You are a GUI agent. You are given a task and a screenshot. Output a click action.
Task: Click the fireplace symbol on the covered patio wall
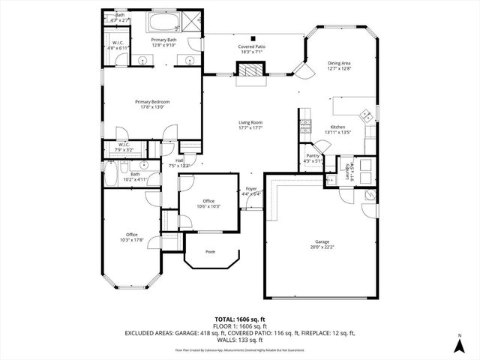click(x=250, y=70)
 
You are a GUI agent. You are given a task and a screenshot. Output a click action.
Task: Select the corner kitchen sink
click(x=366, y=115)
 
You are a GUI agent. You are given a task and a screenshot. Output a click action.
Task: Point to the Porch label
click(x=211, y=251)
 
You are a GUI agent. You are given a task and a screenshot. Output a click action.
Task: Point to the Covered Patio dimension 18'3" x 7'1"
click(x=252, y=52)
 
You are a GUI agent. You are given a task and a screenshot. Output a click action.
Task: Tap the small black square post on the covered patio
click(x=253, y=38)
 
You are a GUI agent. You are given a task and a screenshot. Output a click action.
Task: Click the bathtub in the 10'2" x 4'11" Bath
click(x=110, y=177)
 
